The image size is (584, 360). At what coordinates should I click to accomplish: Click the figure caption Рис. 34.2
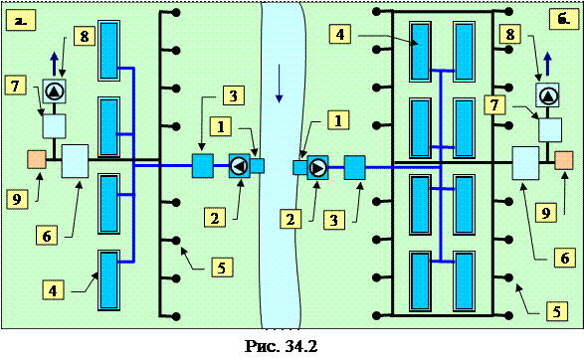coord(282,347)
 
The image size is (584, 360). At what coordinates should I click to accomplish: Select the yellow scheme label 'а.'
coord(21,21)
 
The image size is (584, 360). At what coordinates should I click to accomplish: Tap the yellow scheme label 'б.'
coord(564,19)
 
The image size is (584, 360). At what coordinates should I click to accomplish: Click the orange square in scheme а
coord(37,159)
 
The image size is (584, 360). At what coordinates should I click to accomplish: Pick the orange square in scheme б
coord(564,160)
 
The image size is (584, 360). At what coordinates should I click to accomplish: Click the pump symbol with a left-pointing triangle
coord(240,166)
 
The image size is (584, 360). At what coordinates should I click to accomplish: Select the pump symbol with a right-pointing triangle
coord(317,167)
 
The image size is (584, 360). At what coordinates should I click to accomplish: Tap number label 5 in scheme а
coord(222,267)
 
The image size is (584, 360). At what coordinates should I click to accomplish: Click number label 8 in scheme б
coord(510,34)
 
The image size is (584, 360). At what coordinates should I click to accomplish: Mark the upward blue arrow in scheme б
coord(547,64)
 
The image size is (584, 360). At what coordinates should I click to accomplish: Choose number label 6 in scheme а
coord(47,236)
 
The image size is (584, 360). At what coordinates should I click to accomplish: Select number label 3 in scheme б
coord(334,219)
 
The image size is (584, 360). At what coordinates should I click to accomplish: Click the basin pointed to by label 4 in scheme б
coord(421,52)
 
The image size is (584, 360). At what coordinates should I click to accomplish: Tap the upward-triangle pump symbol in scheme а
coord(55,91)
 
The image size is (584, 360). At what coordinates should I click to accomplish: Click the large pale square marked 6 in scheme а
coord(75,161)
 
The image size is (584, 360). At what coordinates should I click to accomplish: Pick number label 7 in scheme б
coord(494,104)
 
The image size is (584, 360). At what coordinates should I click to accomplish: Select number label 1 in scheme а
coord(221,126)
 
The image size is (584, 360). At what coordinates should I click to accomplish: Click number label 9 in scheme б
coord(546,213)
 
